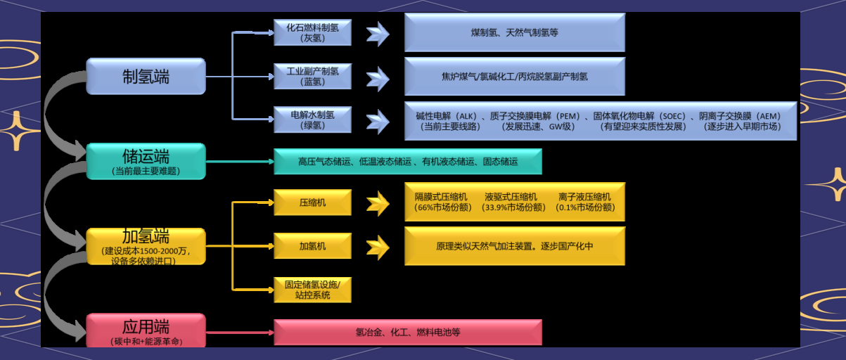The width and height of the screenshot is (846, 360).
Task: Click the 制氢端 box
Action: point(146,76)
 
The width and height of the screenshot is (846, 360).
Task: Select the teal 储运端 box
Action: point(146,161)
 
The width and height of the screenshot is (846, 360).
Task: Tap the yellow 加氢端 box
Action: point(146,245)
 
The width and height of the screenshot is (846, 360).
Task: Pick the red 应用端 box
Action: point(146,330)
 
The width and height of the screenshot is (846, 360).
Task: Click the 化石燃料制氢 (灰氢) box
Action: point(312,33)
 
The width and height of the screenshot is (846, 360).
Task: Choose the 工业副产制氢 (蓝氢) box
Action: point(312,76)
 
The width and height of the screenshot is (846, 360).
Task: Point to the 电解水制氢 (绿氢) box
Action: point(312,120)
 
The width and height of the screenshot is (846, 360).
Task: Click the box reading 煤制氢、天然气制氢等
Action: point(514,33)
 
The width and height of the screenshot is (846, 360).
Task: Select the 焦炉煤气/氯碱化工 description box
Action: point(514,76)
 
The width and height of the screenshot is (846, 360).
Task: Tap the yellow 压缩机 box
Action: point(312,202)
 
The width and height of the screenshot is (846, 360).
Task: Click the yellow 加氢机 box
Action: point(312,246)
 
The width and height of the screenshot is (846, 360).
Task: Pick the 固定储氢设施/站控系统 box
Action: point(312,290)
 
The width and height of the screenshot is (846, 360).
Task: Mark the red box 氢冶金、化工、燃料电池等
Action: point(408,332)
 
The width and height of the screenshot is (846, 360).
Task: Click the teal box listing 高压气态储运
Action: point(408,162)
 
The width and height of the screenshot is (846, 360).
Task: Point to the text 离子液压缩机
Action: point(584,197)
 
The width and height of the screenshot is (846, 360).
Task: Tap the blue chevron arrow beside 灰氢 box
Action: point(378,33)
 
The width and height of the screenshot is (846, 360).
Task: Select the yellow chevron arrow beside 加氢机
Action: point(378,246)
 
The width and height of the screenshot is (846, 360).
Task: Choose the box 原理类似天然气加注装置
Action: point(514,246)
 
